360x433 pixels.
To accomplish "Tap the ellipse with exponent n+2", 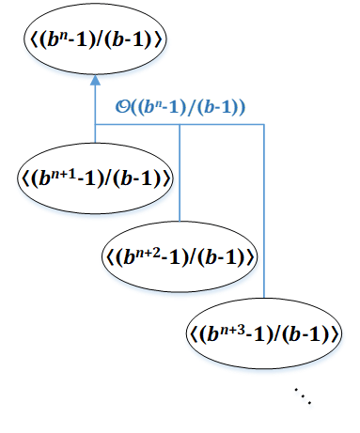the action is coord(180,255).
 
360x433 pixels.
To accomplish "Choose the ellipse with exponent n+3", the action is coord(263,332).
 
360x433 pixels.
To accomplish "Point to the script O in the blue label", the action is coord(134,107).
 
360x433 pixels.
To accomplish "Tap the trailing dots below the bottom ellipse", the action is coord(304,398).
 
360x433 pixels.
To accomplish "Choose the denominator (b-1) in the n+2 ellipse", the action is coord(224,255).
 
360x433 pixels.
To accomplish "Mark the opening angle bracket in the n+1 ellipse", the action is coord(22,177).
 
